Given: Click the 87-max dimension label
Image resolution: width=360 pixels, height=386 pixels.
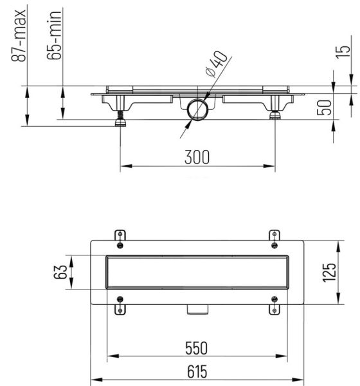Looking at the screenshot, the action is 19,35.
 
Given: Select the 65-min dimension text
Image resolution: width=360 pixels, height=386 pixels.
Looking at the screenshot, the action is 54,35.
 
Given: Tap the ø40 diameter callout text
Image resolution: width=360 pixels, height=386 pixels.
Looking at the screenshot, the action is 216,64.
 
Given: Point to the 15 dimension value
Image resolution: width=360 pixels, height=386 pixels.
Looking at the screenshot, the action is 343,52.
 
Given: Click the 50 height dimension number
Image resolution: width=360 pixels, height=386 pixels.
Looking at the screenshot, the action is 324,107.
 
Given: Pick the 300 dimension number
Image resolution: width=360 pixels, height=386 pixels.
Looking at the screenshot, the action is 197,157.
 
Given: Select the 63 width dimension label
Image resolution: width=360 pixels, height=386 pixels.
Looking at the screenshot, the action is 60,271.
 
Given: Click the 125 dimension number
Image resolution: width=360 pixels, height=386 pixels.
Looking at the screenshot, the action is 328,272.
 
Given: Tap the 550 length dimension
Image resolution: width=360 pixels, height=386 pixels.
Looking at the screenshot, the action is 196,348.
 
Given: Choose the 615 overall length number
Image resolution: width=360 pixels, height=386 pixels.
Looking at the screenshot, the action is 197,372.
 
